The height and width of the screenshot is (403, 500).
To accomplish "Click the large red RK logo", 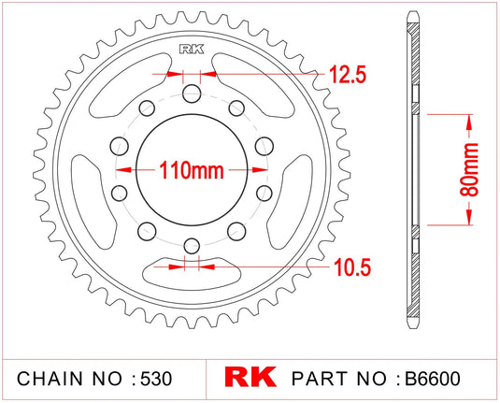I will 250,378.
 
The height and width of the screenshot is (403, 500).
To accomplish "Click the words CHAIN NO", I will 69,379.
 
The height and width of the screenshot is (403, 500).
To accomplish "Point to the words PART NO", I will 340,379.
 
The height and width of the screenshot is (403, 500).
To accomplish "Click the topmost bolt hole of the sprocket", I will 192,94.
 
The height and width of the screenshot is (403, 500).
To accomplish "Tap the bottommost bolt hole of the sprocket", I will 192,246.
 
